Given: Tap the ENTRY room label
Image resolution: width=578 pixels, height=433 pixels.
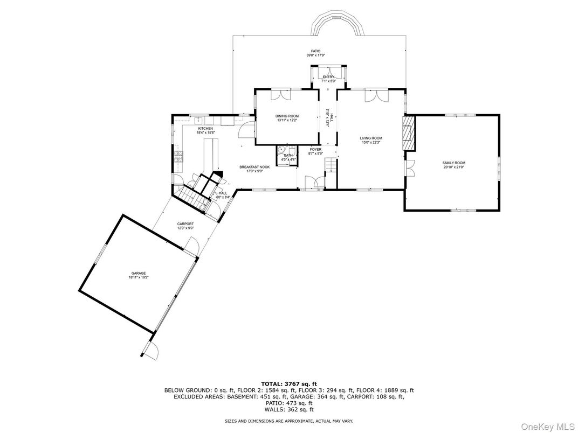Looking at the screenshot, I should (328, 77).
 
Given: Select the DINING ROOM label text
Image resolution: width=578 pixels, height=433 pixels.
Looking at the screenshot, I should (287, 116).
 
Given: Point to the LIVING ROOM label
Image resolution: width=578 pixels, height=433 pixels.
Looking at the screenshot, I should (371, 138).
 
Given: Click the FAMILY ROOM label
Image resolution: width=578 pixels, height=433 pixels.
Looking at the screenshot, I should (453, 163).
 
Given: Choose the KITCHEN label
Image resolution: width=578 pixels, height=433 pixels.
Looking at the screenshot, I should (205, 128).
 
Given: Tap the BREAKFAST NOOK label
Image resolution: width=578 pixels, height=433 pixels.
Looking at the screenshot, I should (254, 167).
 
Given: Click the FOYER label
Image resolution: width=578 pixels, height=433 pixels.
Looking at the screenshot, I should (315, 149).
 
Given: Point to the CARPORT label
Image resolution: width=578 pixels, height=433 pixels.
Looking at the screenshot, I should (185, 224).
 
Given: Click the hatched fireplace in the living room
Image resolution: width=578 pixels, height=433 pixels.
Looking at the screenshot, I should (409, 132).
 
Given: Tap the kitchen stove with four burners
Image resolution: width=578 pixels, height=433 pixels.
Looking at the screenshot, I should (178, 157).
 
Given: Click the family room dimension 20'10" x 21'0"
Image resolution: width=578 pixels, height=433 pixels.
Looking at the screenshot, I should (453, 167).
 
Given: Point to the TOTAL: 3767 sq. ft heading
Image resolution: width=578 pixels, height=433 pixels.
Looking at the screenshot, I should (289, 383).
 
